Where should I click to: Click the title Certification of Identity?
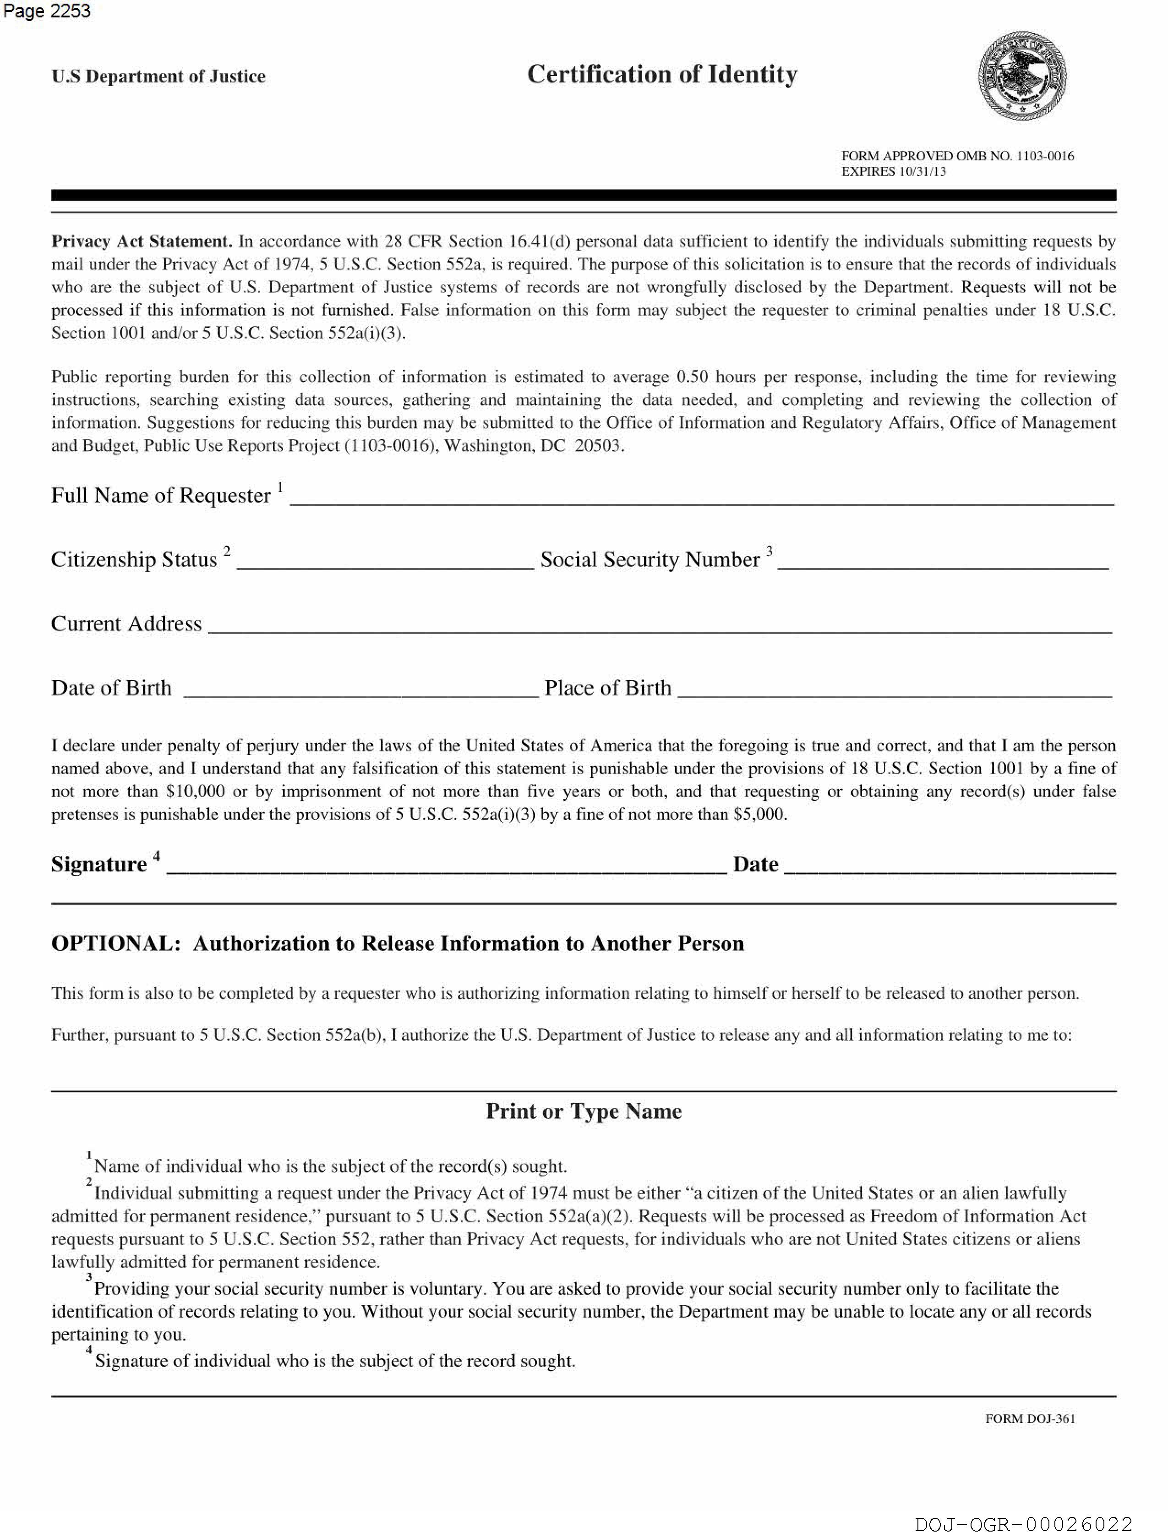click(662, 74)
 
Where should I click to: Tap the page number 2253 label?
click(47, 11)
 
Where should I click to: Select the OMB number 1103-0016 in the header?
click(1045, 156)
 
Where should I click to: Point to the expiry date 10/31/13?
click(922, 172)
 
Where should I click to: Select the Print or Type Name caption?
click(583, 1111)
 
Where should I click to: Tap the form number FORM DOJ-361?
click(1030, 1418)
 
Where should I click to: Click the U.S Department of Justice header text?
click(158, 77)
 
